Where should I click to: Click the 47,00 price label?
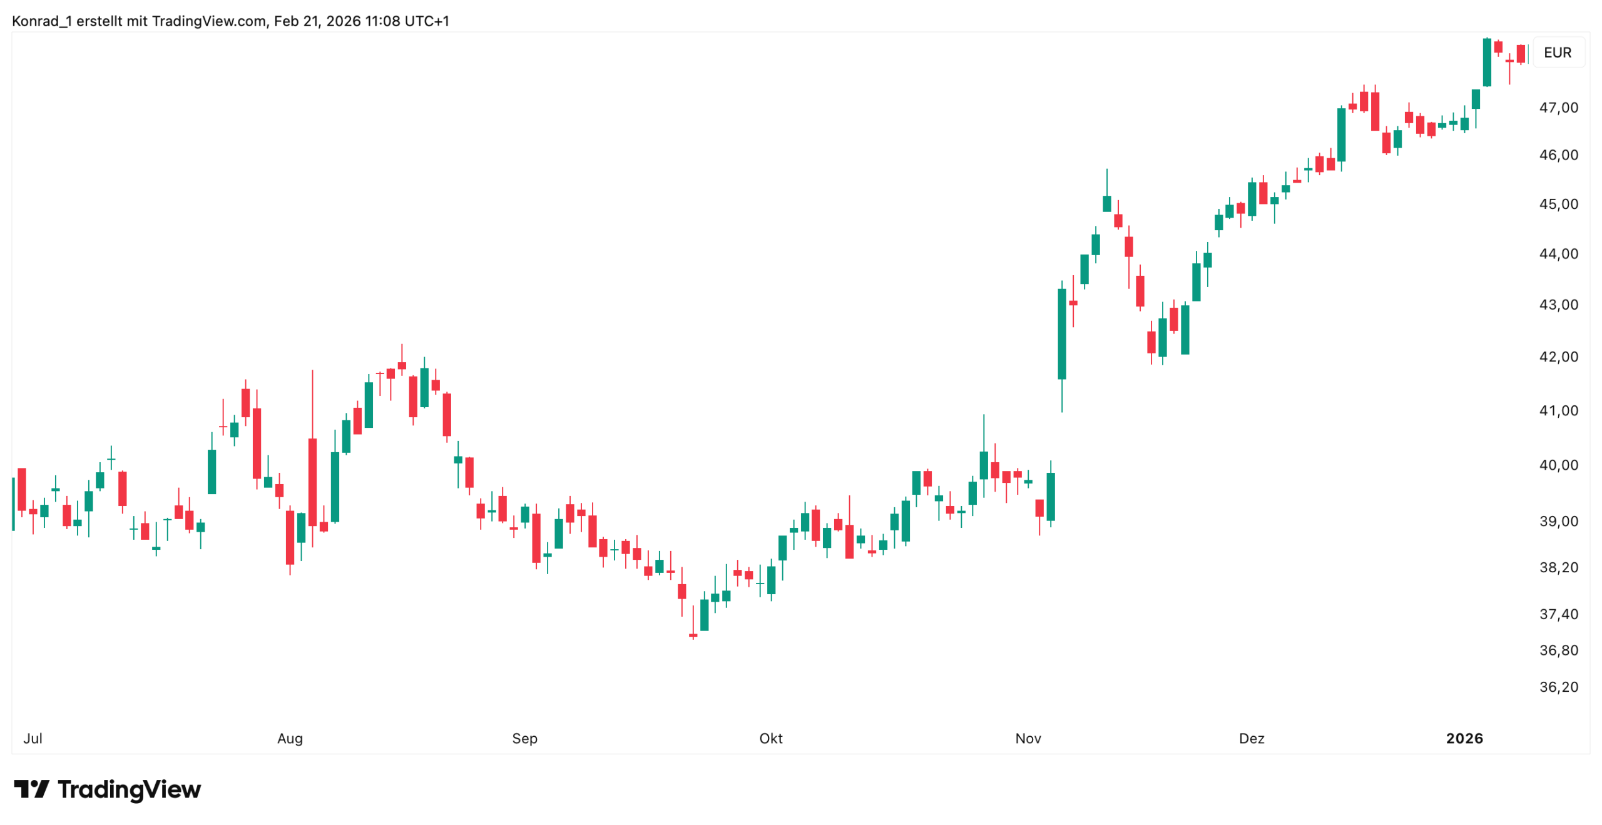tap(1558, 108)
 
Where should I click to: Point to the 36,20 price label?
tap(1558, 687)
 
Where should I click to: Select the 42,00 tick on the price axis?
tap(1558, 357)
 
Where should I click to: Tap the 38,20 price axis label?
tap(1558, 567)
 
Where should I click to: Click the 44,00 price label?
tap(1558, 253)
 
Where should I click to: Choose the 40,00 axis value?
tap(1558, 465)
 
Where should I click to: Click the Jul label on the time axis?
tap(33, 738)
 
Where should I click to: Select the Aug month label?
tap(290, 738)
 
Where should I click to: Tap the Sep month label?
tap(524, 738)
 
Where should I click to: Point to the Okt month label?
tap(770, 738)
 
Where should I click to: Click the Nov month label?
tap(1028, 738)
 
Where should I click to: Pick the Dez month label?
tap(1251, 738)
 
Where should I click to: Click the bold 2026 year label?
tap(1464, 738)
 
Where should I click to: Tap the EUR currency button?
tap(1557, 53)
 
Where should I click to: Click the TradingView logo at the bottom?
tap(107, 789)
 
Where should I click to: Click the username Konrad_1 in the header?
tap(41, 21)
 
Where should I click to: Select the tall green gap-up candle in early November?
tap(1061, 334)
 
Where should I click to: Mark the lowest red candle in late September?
tap(693, 635)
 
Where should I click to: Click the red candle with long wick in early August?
tap(312, 482)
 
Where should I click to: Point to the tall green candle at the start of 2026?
tap(1486, 63)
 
